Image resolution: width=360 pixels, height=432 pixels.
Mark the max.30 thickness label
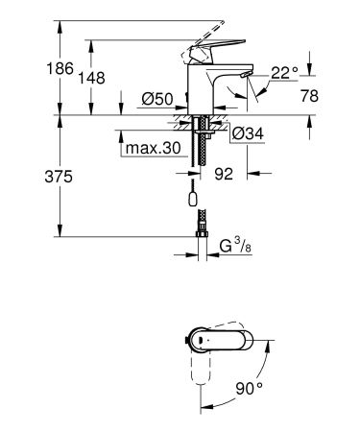[149, 149]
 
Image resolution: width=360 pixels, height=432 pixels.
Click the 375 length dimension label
[33, 178]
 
